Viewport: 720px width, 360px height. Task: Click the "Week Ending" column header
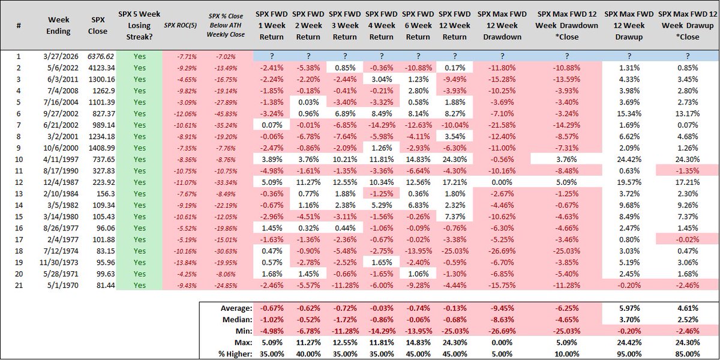[x=59, y=26]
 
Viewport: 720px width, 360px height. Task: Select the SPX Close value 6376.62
[x=98, y=55]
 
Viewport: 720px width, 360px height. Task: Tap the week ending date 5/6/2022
[x=59, y=68]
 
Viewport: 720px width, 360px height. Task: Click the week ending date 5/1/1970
[x=59, y=285]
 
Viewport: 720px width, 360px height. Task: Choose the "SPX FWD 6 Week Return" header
[x=419, y=26]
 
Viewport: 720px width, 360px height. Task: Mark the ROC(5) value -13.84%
[x=181, y=262]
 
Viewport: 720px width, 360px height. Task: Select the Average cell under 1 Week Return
[x=272, y=308]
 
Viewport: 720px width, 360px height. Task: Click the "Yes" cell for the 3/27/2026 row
[x=140, y=55]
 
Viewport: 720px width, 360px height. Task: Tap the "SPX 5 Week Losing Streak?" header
[x=140, y=26]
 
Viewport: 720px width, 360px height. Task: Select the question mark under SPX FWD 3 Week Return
[x=345, y=55]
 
